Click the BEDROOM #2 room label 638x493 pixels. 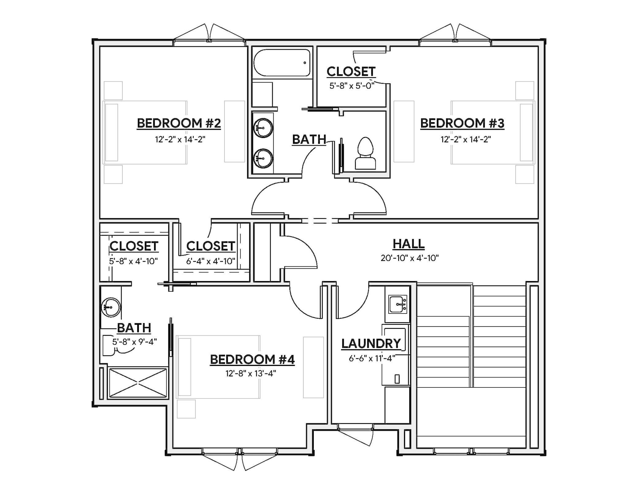click(179, 123)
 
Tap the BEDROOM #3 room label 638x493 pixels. click(462, 123)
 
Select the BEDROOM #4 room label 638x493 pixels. click(252, 359)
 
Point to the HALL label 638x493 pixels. click(409, 244)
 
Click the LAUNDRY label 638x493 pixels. click(371, 343)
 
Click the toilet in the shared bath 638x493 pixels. click(365, 153)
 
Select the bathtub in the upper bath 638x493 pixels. click(282, 63)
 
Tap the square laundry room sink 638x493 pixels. click(398, 304)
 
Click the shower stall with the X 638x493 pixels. click(138, 383)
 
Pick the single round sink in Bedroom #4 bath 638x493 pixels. click(111, 307)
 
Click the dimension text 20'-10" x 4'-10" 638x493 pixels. click(409, 258)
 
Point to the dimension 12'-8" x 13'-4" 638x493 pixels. click(251, 373)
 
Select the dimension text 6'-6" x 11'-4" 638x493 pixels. click(372, 358)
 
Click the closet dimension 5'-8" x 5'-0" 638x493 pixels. click(352, 86)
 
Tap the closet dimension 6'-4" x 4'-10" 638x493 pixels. click(210, 261)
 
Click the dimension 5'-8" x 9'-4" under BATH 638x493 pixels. click(134, 341)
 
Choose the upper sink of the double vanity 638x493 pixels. click(263, 128)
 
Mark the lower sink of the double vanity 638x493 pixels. click(263, 158)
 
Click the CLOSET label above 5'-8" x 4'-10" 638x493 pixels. click(134, 246)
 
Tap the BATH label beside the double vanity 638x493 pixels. click(309, 140)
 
